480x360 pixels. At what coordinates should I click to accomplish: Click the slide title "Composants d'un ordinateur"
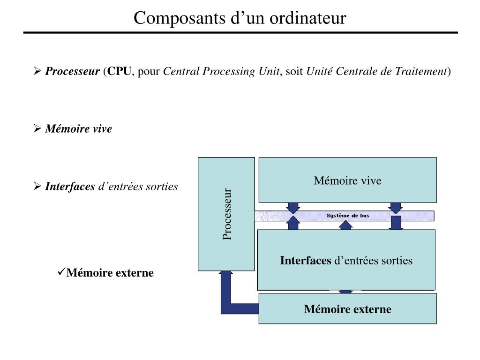click(240, 18)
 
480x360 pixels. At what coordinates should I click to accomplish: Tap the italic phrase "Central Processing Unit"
click(221, 71)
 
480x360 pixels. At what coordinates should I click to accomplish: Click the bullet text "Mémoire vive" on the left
click(78, 129)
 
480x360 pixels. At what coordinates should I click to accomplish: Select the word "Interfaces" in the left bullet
click(70, 187)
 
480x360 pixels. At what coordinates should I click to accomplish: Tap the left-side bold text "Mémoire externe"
click(110, 273)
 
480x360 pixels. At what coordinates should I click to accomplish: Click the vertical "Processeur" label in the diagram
click(227, 214)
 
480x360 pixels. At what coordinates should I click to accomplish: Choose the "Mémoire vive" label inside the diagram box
click(347, 180)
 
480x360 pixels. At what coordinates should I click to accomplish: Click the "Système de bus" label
click(348, 216)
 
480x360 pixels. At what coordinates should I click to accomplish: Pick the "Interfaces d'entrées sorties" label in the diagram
click(346, 261)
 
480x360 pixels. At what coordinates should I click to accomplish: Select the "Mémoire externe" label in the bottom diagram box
click(347, 309)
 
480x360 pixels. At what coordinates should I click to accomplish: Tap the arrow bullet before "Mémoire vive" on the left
click(38, 129)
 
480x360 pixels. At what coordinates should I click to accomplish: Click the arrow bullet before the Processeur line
click(38, 71)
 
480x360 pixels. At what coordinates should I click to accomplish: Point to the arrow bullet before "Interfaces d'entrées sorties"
click(38, 187)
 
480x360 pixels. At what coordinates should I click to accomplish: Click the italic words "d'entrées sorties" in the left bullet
click(137, 187)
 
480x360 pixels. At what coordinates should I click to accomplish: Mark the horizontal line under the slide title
click(240, 33)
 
